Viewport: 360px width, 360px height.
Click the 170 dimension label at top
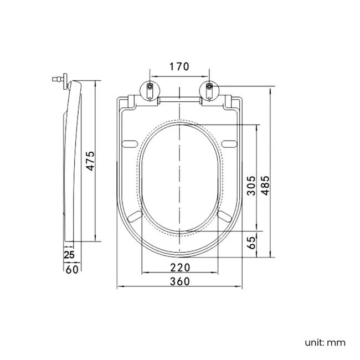tap(179, 67)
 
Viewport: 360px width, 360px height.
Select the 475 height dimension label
tap(91, 161)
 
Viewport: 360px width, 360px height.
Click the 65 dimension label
tap(251, 242)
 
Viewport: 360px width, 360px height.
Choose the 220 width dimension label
tap(179, 268)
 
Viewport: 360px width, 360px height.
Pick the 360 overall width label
tap(179, 281)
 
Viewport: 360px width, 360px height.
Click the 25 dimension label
tap(70, 255)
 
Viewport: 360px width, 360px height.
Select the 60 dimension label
tap(72, 270)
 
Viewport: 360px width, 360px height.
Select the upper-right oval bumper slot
tap(229, 144)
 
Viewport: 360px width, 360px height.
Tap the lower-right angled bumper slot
tap(225, 215)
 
